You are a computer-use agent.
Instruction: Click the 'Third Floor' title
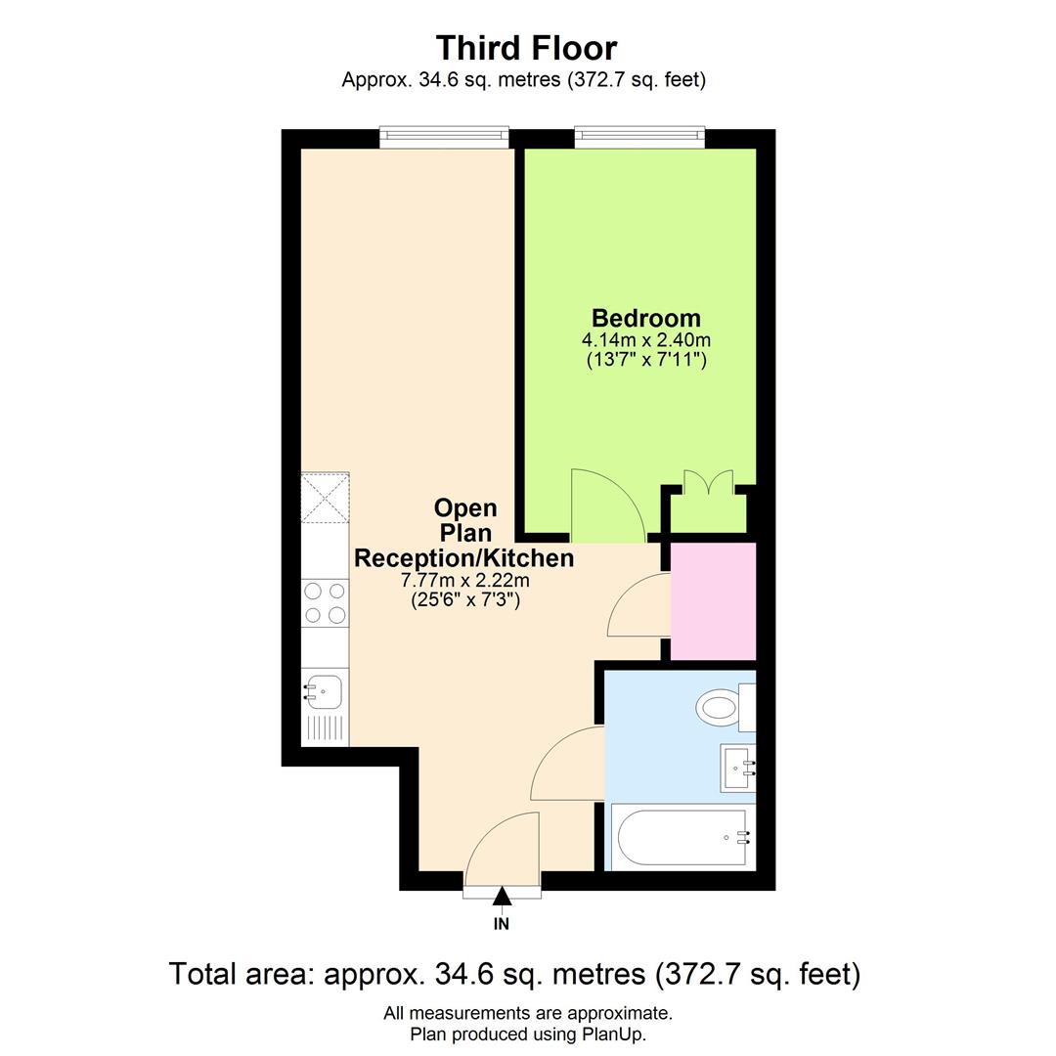point(526,48)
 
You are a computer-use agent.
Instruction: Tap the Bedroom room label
point(646,318)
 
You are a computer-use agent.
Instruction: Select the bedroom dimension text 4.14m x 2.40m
point(646,340)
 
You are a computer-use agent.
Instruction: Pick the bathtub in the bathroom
point(682,837)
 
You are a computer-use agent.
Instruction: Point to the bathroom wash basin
point(737,768)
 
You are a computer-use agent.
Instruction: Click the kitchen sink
point(323,691)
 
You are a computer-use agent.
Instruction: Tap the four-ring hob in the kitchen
point(326,602)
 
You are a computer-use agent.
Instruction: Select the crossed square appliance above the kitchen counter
point(326,498)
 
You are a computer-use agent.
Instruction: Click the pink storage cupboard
point(714,600)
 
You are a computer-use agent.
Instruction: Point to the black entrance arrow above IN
point(502,896)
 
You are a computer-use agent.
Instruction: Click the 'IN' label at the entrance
point(502,923)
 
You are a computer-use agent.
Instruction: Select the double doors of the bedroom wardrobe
point(709,485)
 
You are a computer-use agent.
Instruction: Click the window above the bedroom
point(639,137)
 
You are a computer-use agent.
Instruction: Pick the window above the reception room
point(444,137)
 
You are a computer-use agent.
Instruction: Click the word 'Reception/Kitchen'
point(463,558)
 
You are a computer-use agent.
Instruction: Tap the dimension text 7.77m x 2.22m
point(464,581)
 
